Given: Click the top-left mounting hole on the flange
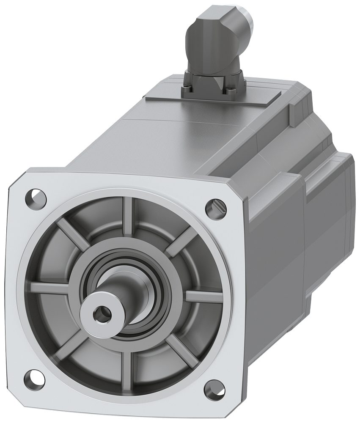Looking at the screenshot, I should point(36,198).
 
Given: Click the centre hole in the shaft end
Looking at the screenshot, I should point(100,313).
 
